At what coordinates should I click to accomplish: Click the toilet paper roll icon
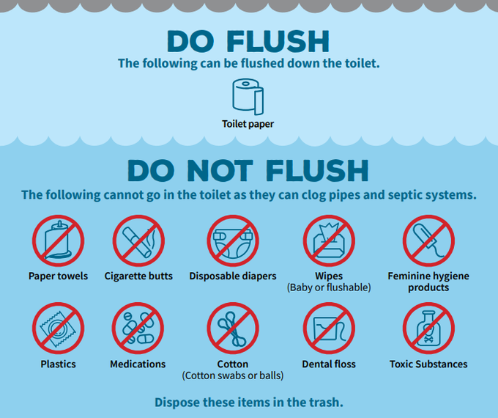click(248, 97)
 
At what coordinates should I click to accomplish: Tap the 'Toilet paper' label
click(248, 124)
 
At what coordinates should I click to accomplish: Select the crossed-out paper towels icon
click(58, 241)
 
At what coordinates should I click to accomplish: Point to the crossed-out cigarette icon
click(138, 241)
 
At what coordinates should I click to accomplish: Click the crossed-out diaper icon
click(233, 241)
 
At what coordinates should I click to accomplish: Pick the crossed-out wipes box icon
click(329, 241)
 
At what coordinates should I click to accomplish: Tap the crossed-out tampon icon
click(428, 241)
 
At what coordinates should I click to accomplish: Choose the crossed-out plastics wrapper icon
click(58, 329)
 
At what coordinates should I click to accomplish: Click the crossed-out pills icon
click(138, 329)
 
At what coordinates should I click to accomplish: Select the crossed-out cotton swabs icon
click(233, 329)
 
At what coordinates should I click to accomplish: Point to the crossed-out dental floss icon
click(329, 329)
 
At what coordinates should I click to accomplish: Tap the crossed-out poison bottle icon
click(428, 329)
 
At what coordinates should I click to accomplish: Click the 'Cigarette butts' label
click(138, 276)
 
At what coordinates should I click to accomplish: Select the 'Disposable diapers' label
click(233, 276)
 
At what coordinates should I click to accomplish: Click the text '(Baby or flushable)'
click(329, 287)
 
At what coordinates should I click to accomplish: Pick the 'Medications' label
click(138, 364)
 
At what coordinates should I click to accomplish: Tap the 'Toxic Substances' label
click(428, 364)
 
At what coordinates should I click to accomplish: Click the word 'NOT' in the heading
click(220, 171)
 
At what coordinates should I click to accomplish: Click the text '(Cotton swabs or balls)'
click(233, 375)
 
